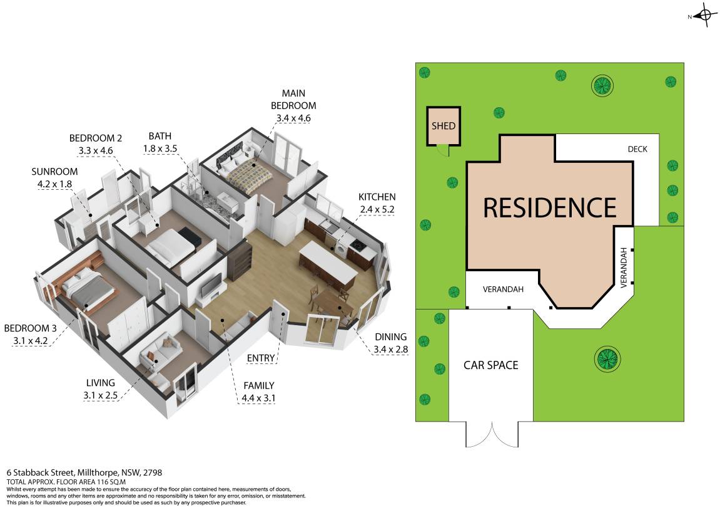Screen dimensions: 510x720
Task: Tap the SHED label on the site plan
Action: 444,126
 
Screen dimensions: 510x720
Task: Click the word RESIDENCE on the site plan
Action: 550,207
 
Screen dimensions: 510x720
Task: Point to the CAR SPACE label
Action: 490,365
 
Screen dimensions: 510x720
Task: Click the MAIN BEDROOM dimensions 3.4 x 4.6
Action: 293,118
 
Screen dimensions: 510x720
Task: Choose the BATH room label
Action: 160,136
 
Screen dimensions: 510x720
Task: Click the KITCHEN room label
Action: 377,197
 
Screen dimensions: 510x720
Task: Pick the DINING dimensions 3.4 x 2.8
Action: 391,350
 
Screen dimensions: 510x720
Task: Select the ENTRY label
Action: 261,358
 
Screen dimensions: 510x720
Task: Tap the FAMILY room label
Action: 258,385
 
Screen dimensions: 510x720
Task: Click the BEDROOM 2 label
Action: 95,138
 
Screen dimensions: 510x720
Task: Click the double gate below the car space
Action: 491,434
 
